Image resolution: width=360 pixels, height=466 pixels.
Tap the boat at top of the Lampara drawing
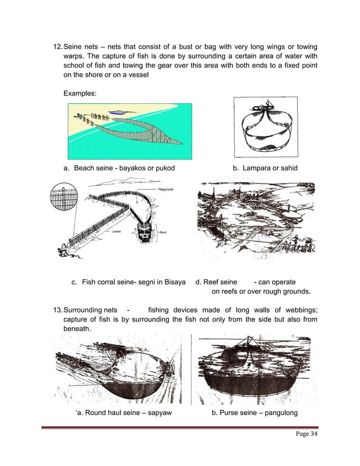pos(263,105)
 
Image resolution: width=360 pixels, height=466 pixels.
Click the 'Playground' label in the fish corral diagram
pos(165,189)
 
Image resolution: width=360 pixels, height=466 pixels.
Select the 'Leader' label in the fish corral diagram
pos(116,231)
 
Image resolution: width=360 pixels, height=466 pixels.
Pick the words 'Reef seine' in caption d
pos(222,282)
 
